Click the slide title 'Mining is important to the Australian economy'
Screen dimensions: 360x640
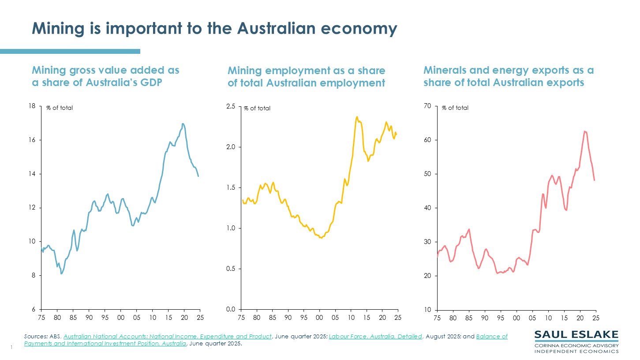[x=214, y=29]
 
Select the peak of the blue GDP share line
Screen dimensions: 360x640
[x=183, y=124]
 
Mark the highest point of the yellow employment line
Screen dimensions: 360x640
[x=356, y=117]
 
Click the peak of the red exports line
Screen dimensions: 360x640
[x=585, y=131]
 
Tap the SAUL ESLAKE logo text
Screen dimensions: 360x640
[x=576, y=334]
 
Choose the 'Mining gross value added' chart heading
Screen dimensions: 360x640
[x=105, y=76]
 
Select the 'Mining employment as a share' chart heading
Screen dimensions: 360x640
[x=306, y=76]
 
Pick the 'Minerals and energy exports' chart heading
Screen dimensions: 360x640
[x=508, y=76]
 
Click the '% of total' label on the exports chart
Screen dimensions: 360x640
[x=455, y=108]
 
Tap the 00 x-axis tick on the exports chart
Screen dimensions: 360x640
[x=516, y=318]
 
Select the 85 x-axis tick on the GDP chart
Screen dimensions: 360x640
[x=73, y=318]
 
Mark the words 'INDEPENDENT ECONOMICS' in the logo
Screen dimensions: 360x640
[x=576, y=351]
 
